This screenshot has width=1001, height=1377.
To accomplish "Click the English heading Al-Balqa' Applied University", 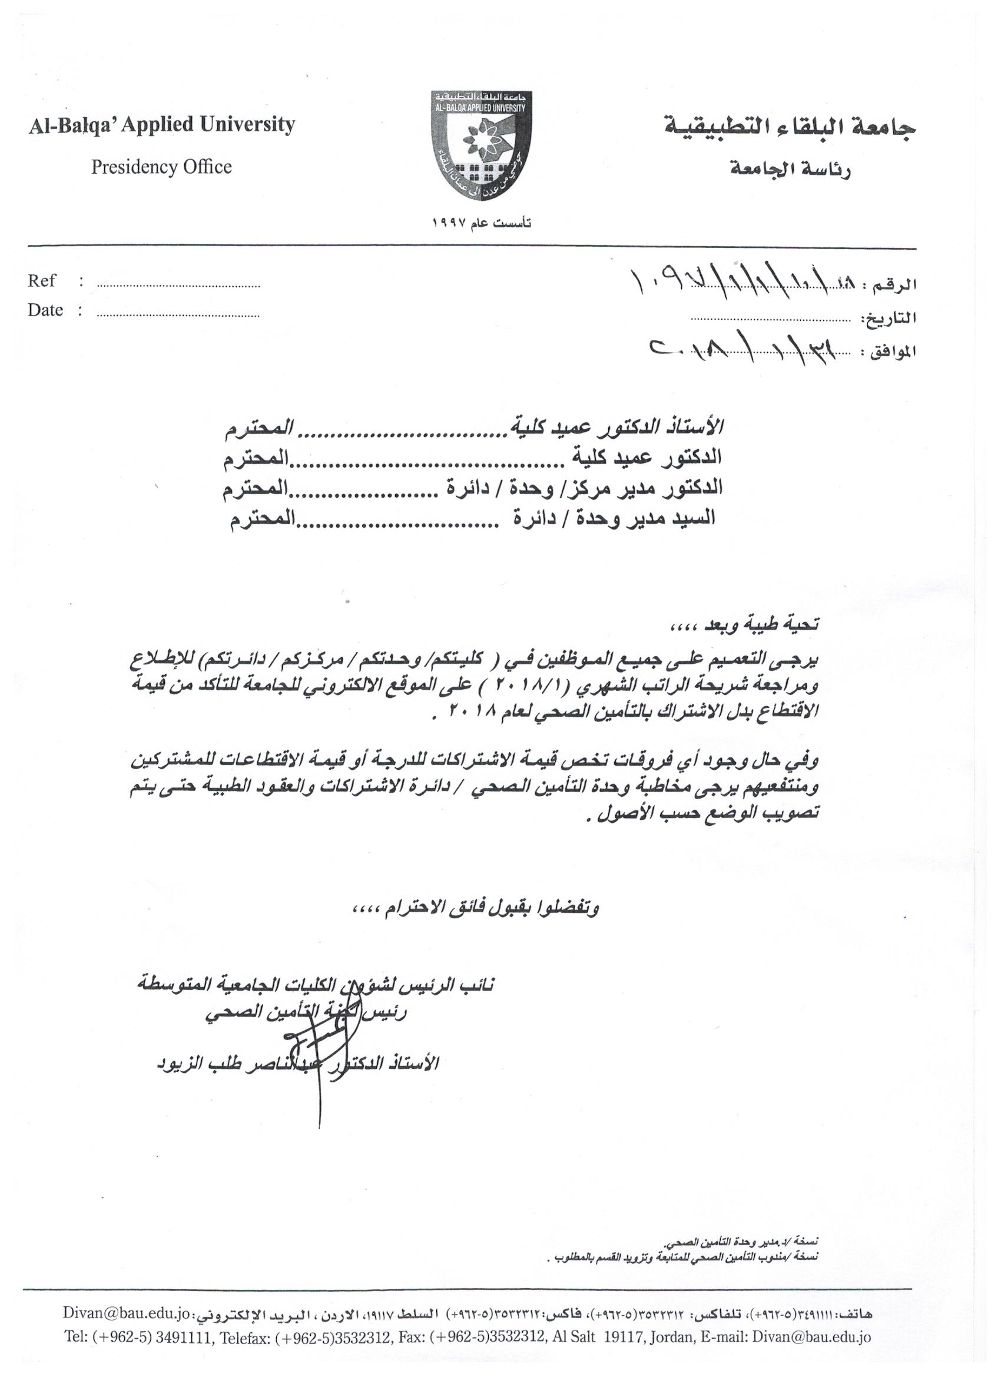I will pyautogui.click(x=161, y=124).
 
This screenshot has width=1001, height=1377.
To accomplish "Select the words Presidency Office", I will pyautogui.click(x=161, y=166).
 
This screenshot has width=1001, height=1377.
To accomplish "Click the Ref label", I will pyautogui.click(x=41, y=281).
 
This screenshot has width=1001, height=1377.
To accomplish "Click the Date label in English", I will pyautogui.click(x=45, y=310).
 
